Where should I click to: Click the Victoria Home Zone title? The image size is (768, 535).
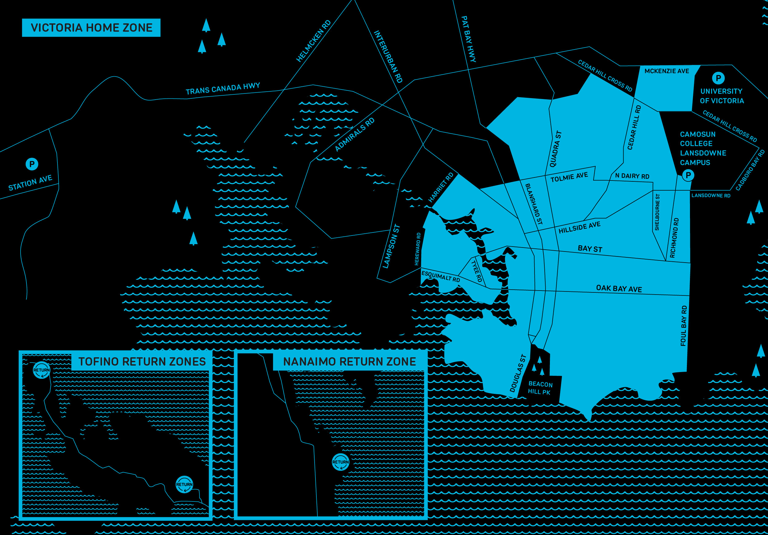click(91, 28)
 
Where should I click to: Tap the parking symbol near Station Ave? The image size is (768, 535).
click(32, 164)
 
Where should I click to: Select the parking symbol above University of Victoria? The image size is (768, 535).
click(718, 78)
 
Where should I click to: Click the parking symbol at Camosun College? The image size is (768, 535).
click(688, 175)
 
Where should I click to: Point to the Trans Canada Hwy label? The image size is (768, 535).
click(223, 89)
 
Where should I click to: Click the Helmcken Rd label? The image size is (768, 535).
click(313, 41)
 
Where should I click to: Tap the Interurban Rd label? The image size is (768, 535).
click(388, 57)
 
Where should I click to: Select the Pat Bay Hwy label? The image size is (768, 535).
click(468, 39)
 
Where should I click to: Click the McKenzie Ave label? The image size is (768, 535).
click(667, 71)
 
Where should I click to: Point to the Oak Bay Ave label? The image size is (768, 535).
click(619, 289)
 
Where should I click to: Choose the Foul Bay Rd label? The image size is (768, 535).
click(684, 325)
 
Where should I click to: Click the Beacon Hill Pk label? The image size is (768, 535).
click(540, 388)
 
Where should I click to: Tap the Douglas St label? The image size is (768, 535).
click(518, 373)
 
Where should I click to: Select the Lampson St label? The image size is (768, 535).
click(391, 246)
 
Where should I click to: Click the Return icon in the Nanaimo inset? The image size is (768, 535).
click(340, 462)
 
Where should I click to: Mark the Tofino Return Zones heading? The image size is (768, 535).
click(142, 362)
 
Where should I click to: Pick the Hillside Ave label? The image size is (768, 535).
click(579, 227)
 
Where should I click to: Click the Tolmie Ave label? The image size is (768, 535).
click(569, 177)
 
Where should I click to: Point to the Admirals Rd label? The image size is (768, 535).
click(355, 135)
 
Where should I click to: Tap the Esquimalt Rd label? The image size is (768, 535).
click(441, 276)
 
